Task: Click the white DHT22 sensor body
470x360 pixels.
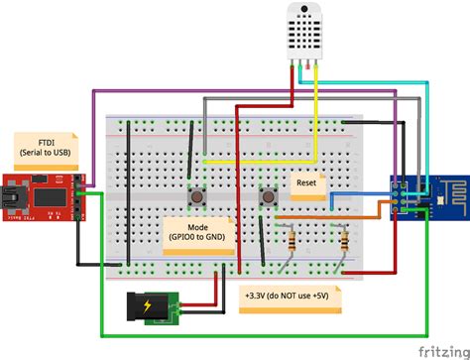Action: pyautogui.click(x=308, y=28)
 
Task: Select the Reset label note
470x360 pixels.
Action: pyautogui.click(x=307, y=182)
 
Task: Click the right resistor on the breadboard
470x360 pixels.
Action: pyautogui.click(x=343, y=241)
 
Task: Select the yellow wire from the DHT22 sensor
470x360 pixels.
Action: pyautogui.click(x=315, y=109)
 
